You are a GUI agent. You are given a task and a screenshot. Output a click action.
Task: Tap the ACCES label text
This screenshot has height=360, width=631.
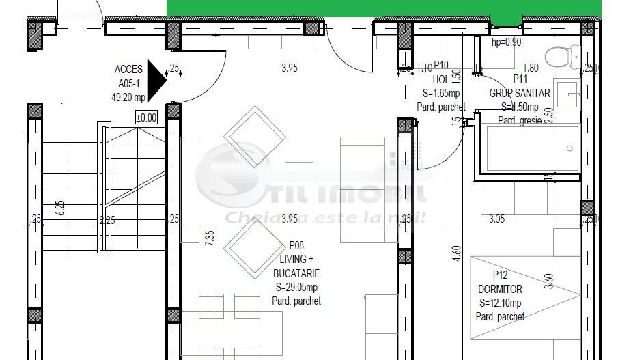tap(128, 69)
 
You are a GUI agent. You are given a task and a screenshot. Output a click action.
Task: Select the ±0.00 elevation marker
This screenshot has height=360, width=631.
tap(146, 117)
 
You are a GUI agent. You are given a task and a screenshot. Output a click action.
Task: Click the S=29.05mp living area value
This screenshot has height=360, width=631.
tap(296, 288)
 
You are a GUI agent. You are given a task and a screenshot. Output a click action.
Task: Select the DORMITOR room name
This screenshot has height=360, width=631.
tap(501, 290)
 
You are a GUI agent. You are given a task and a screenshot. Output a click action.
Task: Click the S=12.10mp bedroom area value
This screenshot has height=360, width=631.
tap(501, 303)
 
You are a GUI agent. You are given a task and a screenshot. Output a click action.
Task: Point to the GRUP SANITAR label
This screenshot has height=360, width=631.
tap(520, 92)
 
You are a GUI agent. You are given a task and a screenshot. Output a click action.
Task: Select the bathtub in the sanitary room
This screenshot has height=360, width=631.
tap(529, 148)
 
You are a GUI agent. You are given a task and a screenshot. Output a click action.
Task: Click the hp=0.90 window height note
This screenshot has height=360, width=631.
tap(506, 42)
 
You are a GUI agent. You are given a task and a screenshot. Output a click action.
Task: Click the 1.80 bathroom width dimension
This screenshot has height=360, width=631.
tap(531, 68)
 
